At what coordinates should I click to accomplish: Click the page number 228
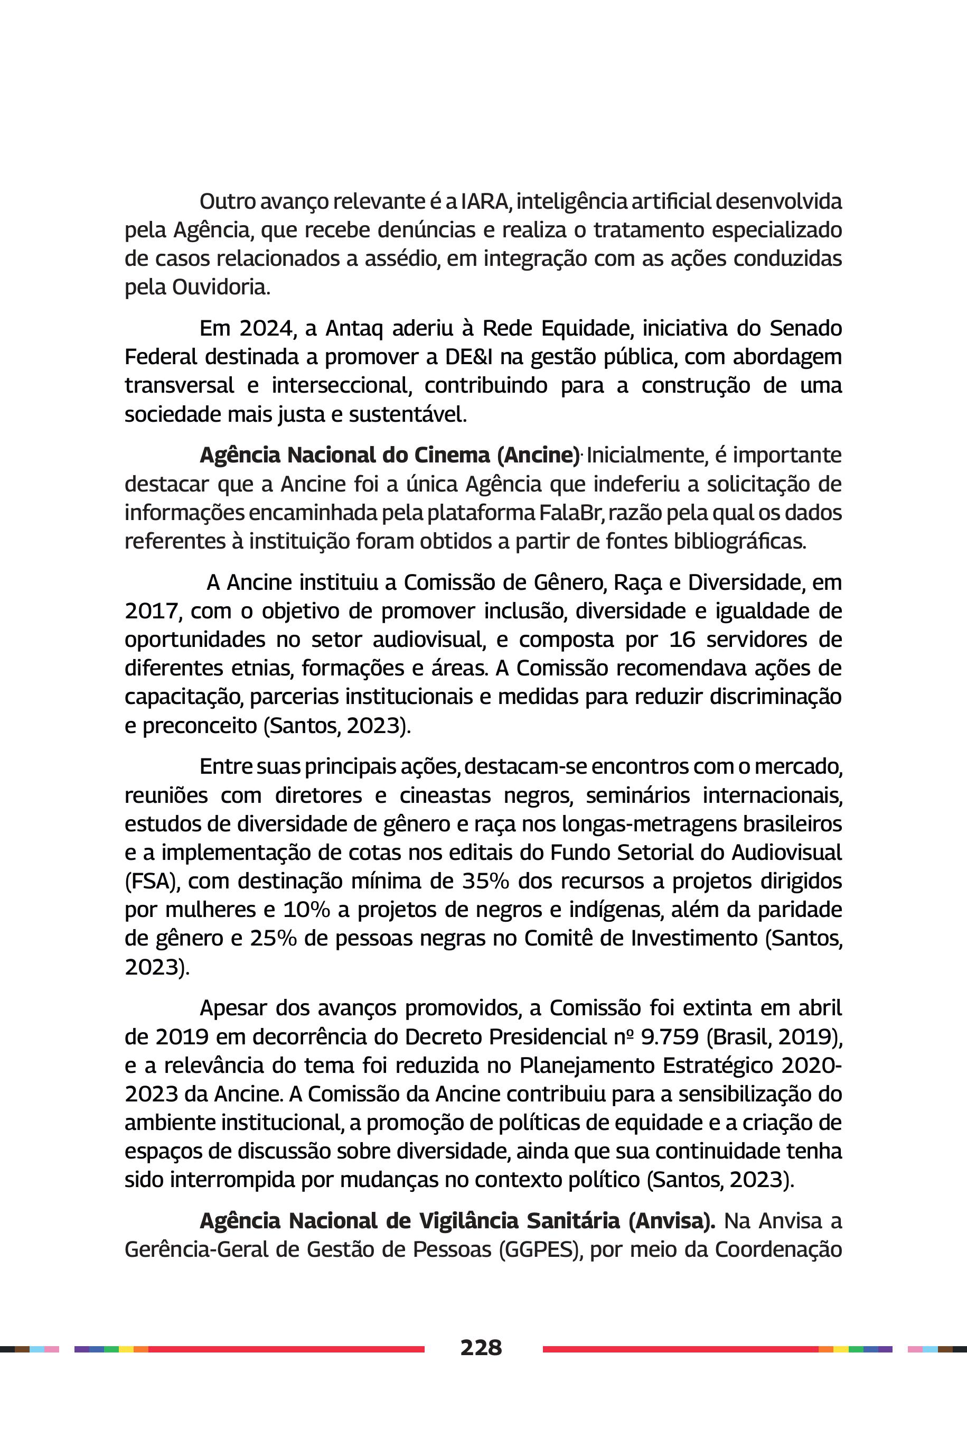[x=481, y=1347]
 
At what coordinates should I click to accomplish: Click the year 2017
[x=152, y=611]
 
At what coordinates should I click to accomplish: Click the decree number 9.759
[x=669, y=1037]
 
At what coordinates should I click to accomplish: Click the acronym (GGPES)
[x=541, y=1249]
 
